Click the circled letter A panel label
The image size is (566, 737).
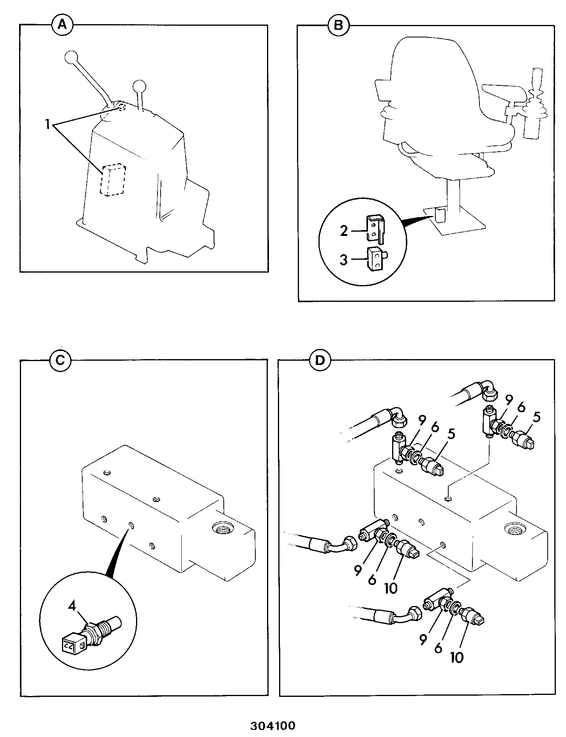pos(63,25)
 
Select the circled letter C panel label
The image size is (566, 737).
pos(60,360)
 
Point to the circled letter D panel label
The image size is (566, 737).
pos(320,360)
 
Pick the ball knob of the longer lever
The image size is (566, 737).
pos(71,58)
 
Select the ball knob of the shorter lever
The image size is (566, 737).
pos(139,86)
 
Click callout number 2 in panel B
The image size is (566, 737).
pos(343,231)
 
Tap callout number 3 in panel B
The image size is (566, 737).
pos(343,260)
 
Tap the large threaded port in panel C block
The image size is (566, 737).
pos(222,530)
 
